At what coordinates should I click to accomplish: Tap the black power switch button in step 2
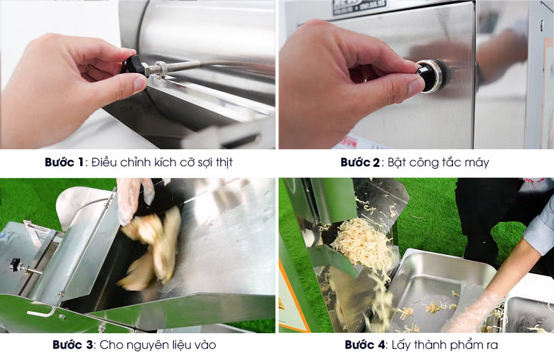(x=428, y=75)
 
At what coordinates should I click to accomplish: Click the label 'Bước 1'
(x=64, y=162)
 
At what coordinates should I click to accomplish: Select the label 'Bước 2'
(x=359, y=162)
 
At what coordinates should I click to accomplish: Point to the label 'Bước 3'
(x=72, y=344)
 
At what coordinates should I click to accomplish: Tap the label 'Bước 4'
(x=364, y=344)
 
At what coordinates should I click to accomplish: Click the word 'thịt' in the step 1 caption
(x=224, y=163)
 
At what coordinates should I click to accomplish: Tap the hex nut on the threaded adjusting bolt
(x=161, y=69)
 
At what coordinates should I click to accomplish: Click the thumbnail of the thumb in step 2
(x=415, y=86)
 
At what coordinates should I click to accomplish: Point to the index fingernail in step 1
(x=140, y=84)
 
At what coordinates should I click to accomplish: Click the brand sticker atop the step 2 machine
(x=359, y=6)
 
